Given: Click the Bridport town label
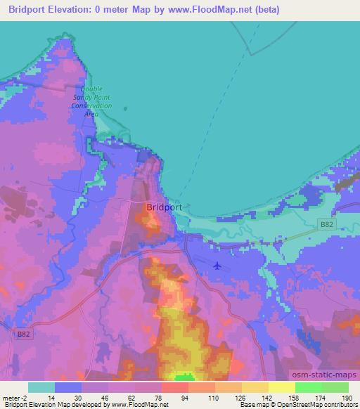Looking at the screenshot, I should pyautogui.click(x=165, y=208).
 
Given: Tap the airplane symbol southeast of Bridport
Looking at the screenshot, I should pyautogui.click(x=217, y=266).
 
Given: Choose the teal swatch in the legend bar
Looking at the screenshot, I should pyautogui.click(x=41, y=387).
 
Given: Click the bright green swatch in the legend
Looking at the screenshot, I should pyautogui.click(x=308, y=387).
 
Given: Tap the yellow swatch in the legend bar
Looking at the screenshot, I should pyautogui.click(x=281, y=387).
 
